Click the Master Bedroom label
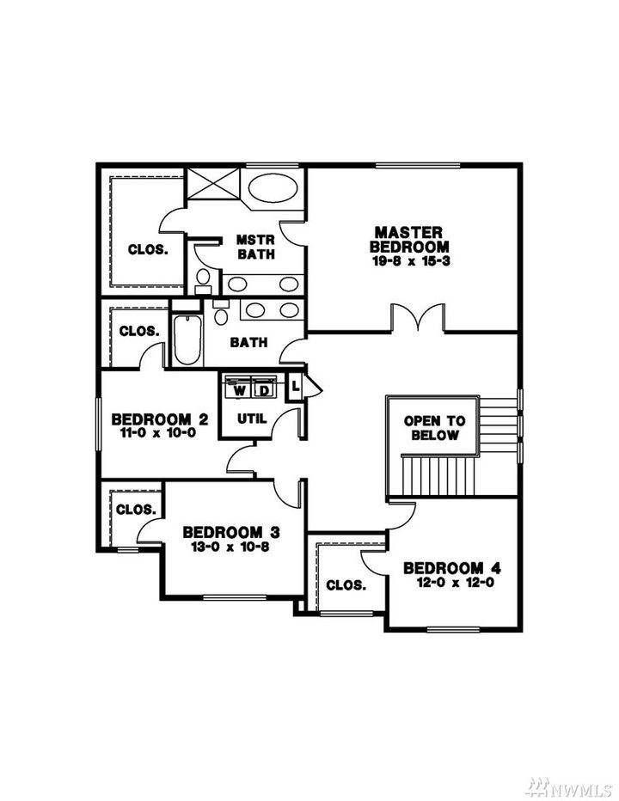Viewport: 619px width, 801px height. click(x=408, y=240)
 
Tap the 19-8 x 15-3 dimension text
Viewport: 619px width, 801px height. click(x=408, y=260)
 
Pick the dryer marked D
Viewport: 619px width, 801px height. click(x=263, y=389)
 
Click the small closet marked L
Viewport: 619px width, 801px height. click(x=296, y=386)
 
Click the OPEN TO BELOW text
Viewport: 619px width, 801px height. click(x=435, y=428)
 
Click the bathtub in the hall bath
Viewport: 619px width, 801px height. click(x=187, y=342)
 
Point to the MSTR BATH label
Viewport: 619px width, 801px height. click(x=255, y=247)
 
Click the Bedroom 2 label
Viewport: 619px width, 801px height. click(x=160, y=420)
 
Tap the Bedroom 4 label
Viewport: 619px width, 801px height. click(x=451, y=568)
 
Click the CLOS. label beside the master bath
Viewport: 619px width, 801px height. click(x=148, y=250)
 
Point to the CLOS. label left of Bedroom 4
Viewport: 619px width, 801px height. click(x=346, y=585)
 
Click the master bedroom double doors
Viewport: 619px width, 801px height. click(x=418, y=318)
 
